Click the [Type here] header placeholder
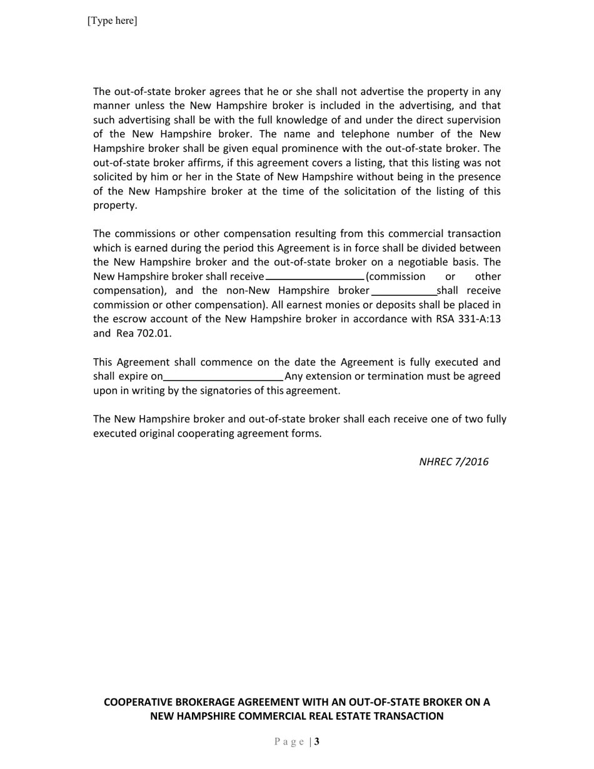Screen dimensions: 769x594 click(x=113, y=21)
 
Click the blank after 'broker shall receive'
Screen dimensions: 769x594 click(x=315, y=276)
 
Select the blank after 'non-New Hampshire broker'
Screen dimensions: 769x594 click(x=404, y=291)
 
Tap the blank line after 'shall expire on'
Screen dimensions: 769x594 click(x=223, y=376)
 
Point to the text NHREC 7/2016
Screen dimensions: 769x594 click(x=453, y=462)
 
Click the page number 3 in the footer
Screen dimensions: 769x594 click(x=317, y=742)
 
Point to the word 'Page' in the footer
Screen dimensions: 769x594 click(x=289, y=742)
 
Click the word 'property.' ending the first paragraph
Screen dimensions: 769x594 click(x=115, y=206)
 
